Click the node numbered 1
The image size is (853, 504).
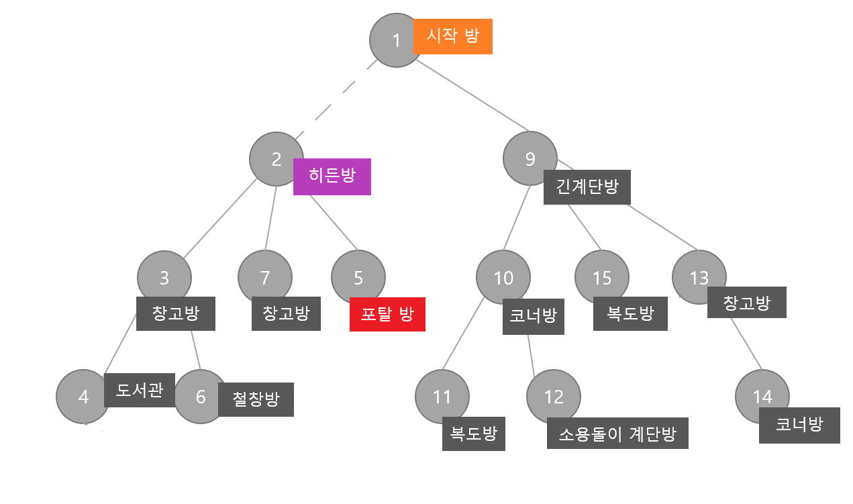(x=396, y=40)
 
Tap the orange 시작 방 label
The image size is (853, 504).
(x=453, y=36)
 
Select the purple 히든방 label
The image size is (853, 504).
(x=332, y=177)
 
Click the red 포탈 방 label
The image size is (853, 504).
(x=387, y=314)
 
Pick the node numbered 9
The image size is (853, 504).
(x=530, y=159)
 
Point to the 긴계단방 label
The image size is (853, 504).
(x=587, y=187)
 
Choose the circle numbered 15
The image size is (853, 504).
(x=602, y=277)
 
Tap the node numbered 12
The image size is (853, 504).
(x=554, y=397)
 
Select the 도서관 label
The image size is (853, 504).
(x=140, y=390)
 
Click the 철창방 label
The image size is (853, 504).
(x=256, y=399)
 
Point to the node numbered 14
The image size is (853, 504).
(x=762, y=397)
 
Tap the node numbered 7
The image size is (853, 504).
(x=265, y=277)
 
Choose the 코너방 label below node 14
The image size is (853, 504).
(x=799, y=425)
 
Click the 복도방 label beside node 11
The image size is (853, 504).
(x=474, y=434)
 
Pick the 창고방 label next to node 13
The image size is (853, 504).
(x=747, y=303)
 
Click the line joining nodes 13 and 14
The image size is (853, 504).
(x=746, y=344)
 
